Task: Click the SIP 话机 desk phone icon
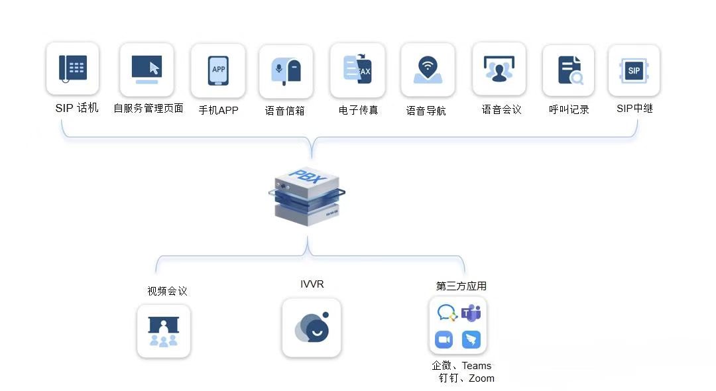(x=73, y=68)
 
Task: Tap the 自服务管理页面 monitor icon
(x=147, y=69)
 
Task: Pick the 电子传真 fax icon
(x=357, y=70)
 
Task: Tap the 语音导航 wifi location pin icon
(x=428, y=70)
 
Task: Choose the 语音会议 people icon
(x=499, y=69)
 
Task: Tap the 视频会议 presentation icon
(x=164, y=331)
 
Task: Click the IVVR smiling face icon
(x=312, y=327)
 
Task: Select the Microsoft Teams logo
(x=471, y=313)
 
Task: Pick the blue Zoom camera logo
(x=444, y=340)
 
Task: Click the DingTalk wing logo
(x=471, y=340)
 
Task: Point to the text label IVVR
(x=312, y=284)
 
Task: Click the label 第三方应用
(x=461, y=286)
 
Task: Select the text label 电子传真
(x=358, y=110)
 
